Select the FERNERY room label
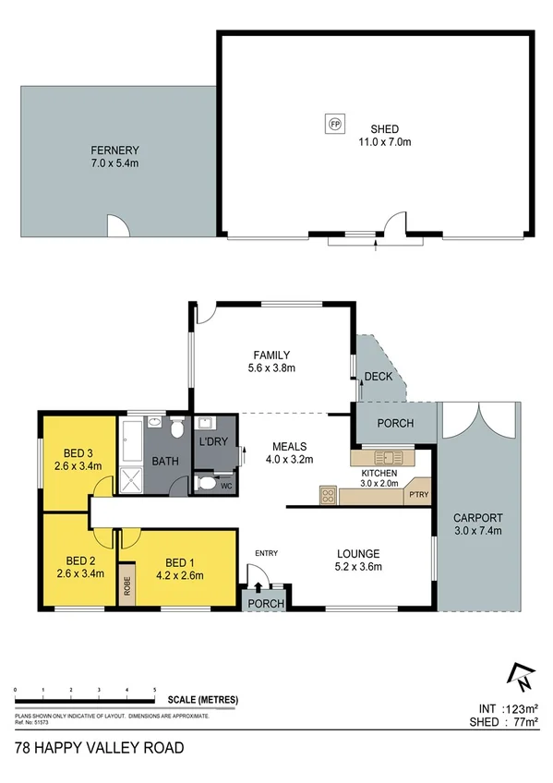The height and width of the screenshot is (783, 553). pyautogui.click(x=114, y=156)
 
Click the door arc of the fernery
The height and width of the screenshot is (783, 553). pyautogui.click(x=117, y=224)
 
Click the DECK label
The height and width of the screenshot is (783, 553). pyautogui.click(x=379, y=377)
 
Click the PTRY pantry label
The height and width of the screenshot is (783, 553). pyautogui.click(x=418, y=495)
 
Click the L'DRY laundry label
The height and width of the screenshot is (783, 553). pyautogui.click(x=214, y=442)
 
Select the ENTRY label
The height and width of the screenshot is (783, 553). pyautogui.click(x=267, y=553)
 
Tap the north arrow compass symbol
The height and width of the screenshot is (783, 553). pyautogui.click(x=523, y=678)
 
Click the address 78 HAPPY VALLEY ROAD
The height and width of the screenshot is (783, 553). pyautogui.click(x=100, y=747)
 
